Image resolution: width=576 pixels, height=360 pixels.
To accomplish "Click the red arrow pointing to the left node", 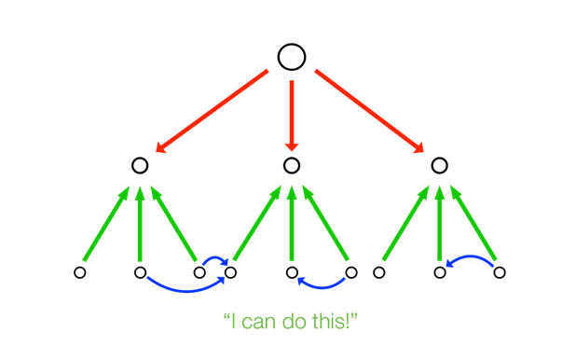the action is [x=212, y=111].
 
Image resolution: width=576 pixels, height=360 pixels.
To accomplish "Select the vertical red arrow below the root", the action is [x=292, y=116].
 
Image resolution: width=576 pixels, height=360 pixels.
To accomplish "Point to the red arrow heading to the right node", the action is [x=369, y=111].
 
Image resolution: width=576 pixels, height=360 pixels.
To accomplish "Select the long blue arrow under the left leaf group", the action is [x=186, y=291].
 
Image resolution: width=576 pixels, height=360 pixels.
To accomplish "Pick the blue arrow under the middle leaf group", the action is [x=322, y=287].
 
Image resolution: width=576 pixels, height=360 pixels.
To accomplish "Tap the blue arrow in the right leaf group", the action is [x=471, y=256].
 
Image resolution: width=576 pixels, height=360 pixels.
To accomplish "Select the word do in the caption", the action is [x=295, y=321].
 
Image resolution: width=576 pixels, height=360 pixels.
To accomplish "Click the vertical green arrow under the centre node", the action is [x=292, y=223].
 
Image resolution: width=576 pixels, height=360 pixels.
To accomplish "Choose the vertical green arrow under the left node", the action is [x=140, y=224].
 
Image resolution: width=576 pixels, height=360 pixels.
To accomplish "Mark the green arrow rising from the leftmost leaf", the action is [x=106, y=224].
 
